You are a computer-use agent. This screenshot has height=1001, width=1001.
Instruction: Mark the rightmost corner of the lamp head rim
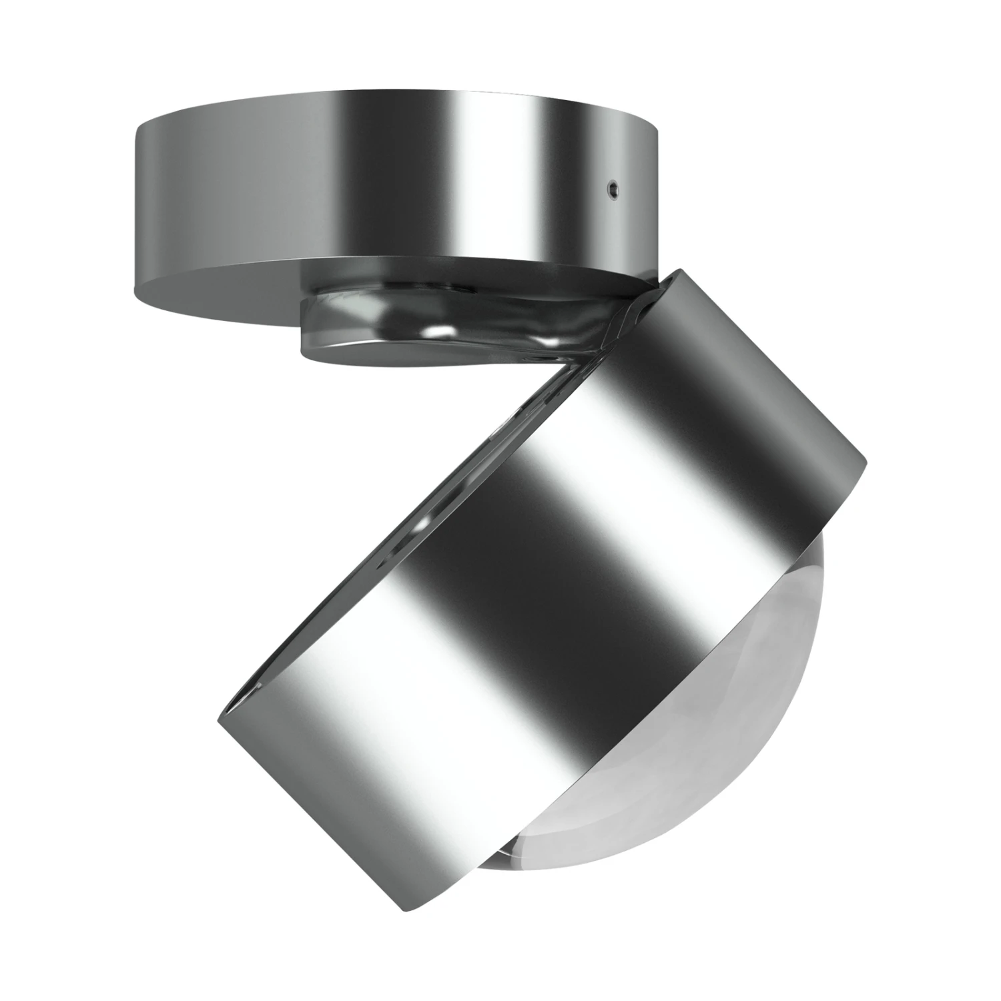[x=866, y=460]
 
